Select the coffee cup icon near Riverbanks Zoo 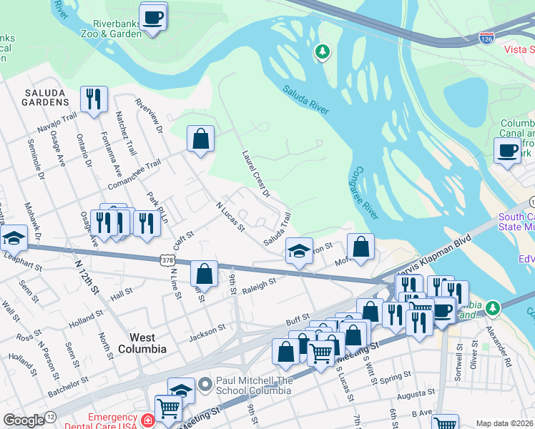[x=152, y=17]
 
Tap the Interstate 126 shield [x=487, y=36]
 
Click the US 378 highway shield [x=167, y=261]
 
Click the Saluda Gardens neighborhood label [x=46, y=97]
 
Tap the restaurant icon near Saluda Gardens [x=94, y=99]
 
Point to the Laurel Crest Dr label [x=255, y=174]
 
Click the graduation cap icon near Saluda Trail [x=299, y=250]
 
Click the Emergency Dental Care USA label [x=114, y=421]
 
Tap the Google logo [x=24, y=420]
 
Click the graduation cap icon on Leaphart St [x=13, y=238]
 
